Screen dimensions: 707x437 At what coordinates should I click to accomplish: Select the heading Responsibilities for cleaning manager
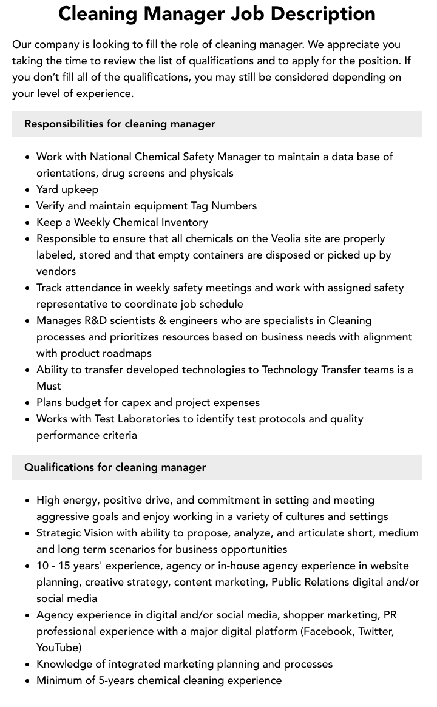(120, 124)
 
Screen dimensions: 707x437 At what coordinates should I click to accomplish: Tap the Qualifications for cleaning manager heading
(115, 467)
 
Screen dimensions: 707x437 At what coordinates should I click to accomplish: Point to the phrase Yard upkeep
(67, 189)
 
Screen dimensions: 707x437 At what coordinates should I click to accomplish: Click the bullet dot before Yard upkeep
(27, 190)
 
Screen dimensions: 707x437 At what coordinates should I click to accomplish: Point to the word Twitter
(375, 631)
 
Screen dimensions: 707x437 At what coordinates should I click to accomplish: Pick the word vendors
(56, 271)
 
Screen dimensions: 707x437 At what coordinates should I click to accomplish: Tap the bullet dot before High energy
(27, 501)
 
